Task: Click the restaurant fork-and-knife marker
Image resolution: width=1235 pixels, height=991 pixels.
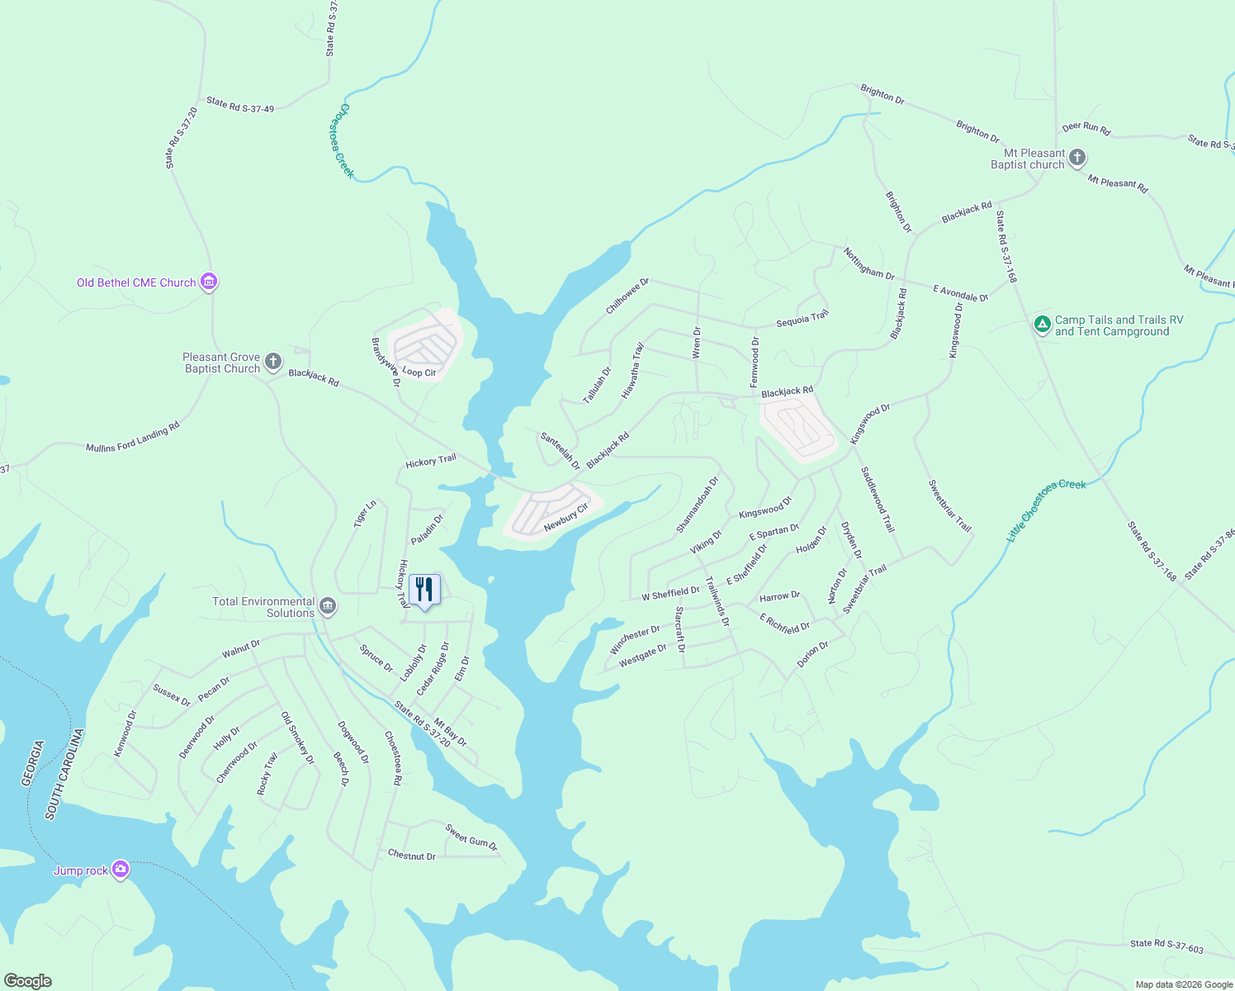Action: (x=424, y=590)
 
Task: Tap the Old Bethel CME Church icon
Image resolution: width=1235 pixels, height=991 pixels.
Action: (x=209, y=282)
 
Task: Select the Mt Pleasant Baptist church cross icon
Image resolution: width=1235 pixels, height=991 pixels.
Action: (x=1076, y=158)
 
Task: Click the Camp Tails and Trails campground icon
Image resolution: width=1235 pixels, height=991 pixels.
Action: (x=1043, y=324)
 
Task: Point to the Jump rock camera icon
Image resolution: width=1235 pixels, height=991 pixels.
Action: (x=121, y=870)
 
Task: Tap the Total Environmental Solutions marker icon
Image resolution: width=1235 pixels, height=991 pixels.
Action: (x=328, y=607)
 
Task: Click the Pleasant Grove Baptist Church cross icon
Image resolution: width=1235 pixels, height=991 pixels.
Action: (x=273, y=362)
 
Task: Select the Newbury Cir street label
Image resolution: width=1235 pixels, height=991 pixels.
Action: (x=565, y=517)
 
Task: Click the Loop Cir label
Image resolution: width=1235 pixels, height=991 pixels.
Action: (x=419, y=372)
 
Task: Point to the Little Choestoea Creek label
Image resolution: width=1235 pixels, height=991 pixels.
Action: (x=1046, y=510)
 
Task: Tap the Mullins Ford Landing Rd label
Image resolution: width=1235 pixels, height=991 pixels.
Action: (x=133, y=438)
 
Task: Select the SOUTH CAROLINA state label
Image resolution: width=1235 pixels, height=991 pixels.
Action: (x=65, y=774)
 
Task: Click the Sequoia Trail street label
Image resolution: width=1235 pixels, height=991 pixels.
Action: (x=802, y=319)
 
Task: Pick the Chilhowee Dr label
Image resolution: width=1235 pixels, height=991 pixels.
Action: (x=627, y=296)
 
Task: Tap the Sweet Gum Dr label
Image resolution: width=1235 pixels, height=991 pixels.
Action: (x=471, y=837)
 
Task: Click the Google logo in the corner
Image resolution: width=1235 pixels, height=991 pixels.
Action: (x=27, y=981)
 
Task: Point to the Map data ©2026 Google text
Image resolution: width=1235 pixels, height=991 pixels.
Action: (x=1183, y=984)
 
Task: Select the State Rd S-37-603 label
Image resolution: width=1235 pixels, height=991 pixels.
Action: (x=1166, y=946)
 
